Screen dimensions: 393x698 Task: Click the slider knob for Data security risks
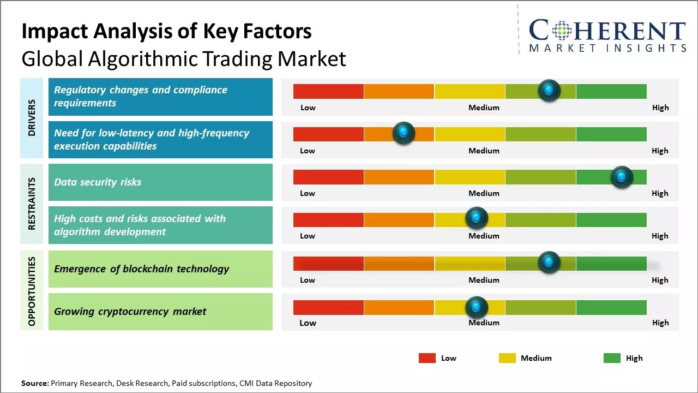tap(621, 177)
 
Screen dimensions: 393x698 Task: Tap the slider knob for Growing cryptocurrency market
tap(477, 307)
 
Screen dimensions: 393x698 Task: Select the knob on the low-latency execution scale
tap(404, 133)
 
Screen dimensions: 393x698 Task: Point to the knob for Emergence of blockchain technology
tap(549, 263)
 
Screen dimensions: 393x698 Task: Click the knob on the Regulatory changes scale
tap(549, 91)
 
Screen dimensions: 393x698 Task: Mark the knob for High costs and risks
tap(477, 218)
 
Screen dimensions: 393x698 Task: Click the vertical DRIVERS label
tap(32, 117)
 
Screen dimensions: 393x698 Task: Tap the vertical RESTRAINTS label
tap(32, 203)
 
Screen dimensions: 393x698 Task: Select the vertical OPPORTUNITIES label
tap(32, 291)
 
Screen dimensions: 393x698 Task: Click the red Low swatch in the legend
tap(427, 358)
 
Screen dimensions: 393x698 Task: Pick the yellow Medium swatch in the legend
tap(507, 358)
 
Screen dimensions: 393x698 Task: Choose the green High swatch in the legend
tap(612, 358)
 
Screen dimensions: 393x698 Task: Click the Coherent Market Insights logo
tap(607, 35)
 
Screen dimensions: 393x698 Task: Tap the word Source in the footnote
tap(34, 383)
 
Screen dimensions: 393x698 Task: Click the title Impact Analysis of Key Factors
tap(166, 32)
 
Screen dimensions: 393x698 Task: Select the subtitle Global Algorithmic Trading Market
tap(183, 58)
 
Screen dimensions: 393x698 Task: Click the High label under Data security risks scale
tap(660, 193)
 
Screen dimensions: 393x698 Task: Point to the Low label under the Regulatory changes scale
tap(308, 108)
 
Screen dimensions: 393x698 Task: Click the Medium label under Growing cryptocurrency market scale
tap(484, 323)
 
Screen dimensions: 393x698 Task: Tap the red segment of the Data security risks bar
tap(328, 177)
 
